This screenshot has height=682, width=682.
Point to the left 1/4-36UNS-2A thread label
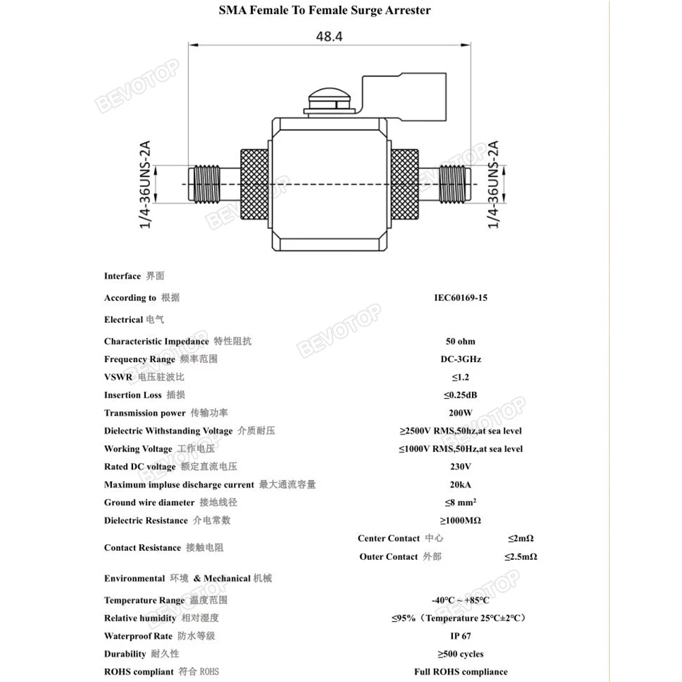point(145,185)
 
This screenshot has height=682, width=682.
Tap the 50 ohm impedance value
point(460,341)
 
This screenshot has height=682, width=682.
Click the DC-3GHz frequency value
point(460,359)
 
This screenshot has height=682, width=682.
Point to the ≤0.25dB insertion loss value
point(460,395)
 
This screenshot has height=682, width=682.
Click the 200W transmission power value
point(460,413)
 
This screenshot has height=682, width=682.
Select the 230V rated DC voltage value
point(460,466)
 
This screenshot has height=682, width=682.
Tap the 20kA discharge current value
point(460,484)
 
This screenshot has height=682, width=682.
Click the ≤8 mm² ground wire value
point(460,503)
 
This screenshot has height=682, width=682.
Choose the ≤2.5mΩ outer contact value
point(521,557)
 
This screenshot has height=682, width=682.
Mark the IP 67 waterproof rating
point(460,636)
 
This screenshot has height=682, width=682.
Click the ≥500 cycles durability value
point(460,654)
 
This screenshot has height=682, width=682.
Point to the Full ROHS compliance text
point(460,672)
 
